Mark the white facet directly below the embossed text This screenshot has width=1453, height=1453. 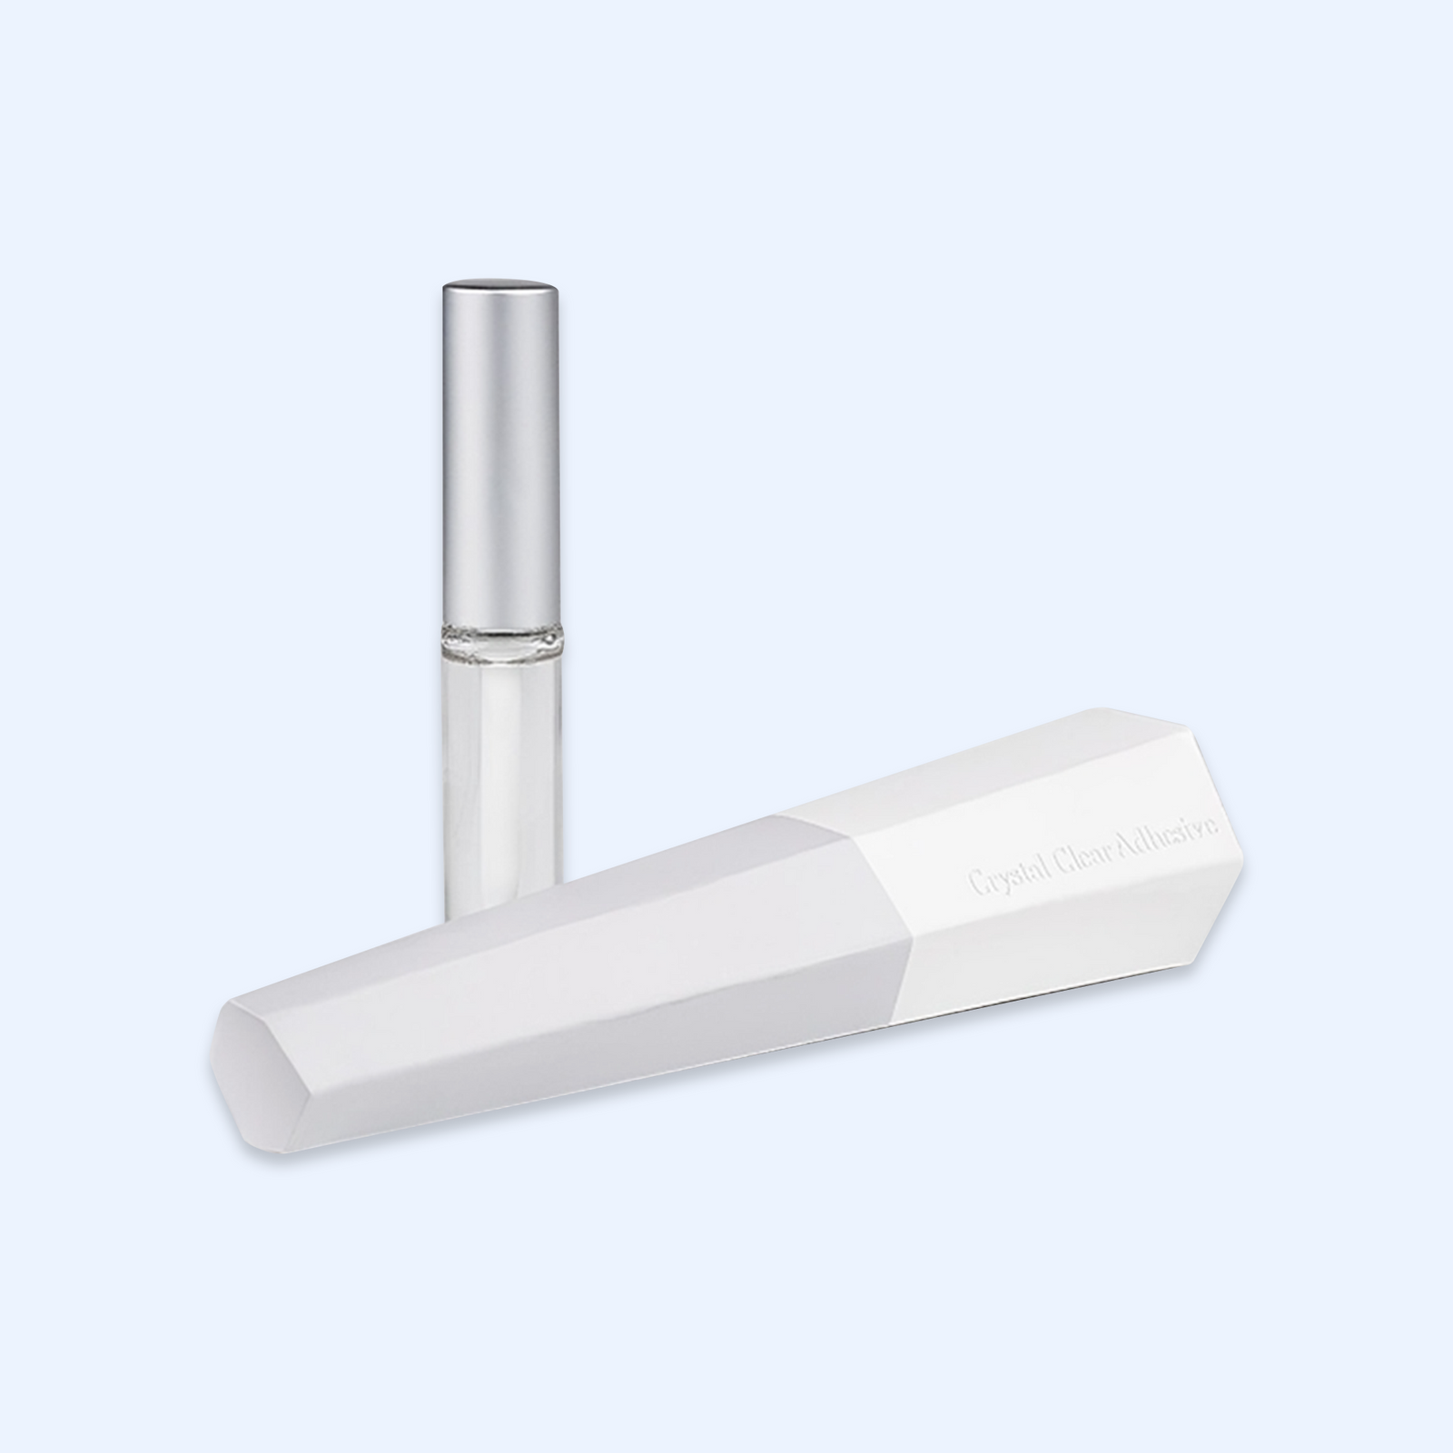(1072, 944)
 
